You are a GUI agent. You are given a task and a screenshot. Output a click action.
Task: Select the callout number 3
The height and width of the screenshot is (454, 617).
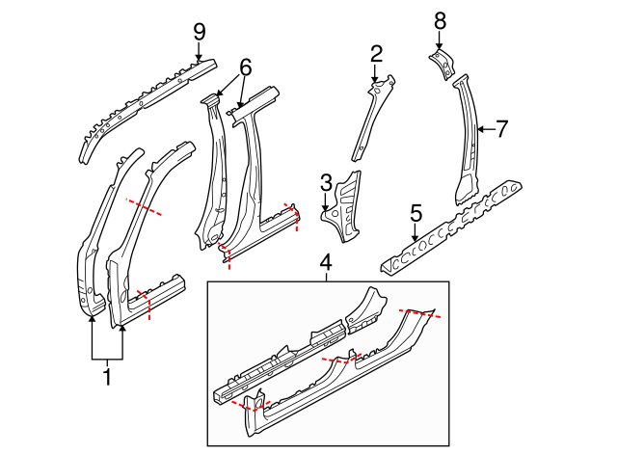[326, 181]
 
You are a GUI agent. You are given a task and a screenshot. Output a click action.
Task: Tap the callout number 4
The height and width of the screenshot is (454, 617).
[326, 261]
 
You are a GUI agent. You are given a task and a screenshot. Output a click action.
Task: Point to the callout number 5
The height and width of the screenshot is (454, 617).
[416, 211]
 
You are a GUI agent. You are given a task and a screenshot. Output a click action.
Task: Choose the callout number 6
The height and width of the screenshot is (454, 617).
[245, 67]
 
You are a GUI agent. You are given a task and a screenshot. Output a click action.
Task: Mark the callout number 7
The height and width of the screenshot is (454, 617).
[500, 128]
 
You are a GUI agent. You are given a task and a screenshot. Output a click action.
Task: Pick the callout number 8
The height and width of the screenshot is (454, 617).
[440, 19]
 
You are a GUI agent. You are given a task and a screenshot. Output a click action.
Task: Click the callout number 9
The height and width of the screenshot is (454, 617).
[200, 31]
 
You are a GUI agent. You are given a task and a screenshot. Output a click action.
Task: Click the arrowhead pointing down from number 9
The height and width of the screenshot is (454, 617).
[200, 57]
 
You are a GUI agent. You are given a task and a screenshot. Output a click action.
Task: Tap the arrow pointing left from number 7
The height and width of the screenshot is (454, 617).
[479, 128]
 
